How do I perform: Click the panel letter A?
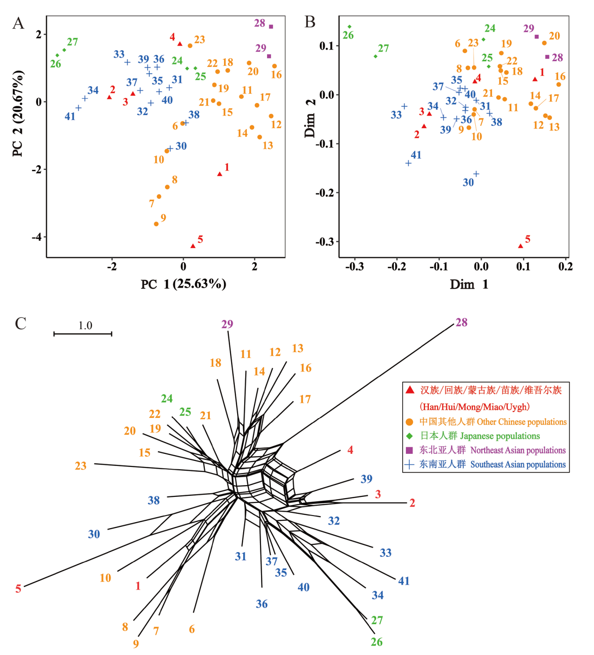pyautogui.click(x=18, y=23)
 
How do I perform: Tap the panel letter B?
pyautogui.click(x=310, y=22)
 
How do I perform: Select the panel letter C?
pyautogui.click(x=21, y=323)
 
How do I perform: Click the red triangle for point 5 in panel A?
pyautogui.click(x=193, y=246)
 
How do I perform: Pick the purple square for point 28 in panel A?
pyautogui.click(x=271, y=27)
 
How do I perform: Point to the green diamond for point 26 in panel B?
pyautogui.click(x=349, y=27)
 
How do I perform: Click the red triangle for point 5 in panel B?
pyautogui.click(x=521, y=246)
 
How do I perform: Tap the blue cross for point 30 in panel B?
pyautogui.click(x=476, y=174)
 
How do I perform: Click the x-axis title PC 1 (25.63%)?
pyautogui.click(x=183, y=284)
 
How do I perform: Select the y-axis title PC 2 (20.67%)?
pyautogui.click(x=18, y=113)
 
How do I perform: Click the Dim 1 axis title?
pyautogui.click(x=469, y=284)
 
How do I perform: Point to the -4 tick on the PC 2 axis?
pyautogui.click(x=36, y=237)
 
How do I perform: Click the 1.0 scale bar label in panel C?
pyautogui.click(x=85, y=325)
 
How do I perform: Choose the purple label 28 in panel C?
pyautogui.click(x=461, y=322)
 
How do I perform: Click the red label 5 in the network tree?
pyautogui.click(x=18, y=589)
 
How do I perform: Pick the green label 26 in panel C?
pyautogui.click(x=377, y=642)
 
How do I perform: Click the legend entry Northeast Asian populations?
pyautogui.click(x=518, y=450)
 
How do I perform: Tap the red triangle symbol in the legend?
pyautogui.click(x=410, y=390)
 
